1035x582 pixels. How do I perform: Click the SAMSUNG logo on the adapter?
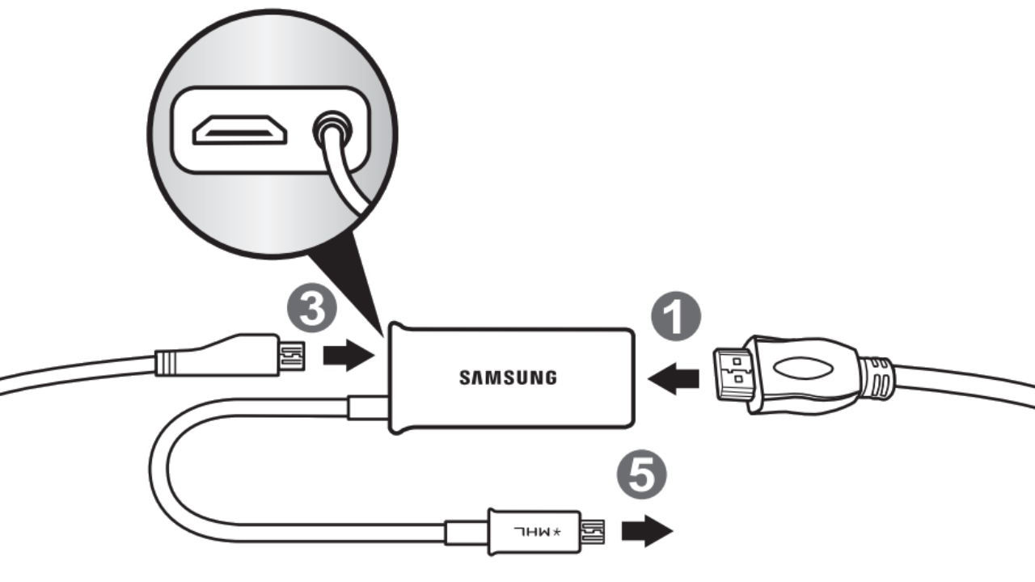coord(508,377)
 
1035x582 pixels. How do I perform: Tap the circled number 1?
coord(678,316)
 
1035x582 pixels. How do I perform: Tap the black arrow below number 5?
coord(646,530)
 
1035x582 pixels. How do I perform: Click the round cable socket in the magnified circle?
coord(330,130)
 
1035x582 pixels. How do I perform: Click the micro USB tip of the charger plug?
coord(291,356)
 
